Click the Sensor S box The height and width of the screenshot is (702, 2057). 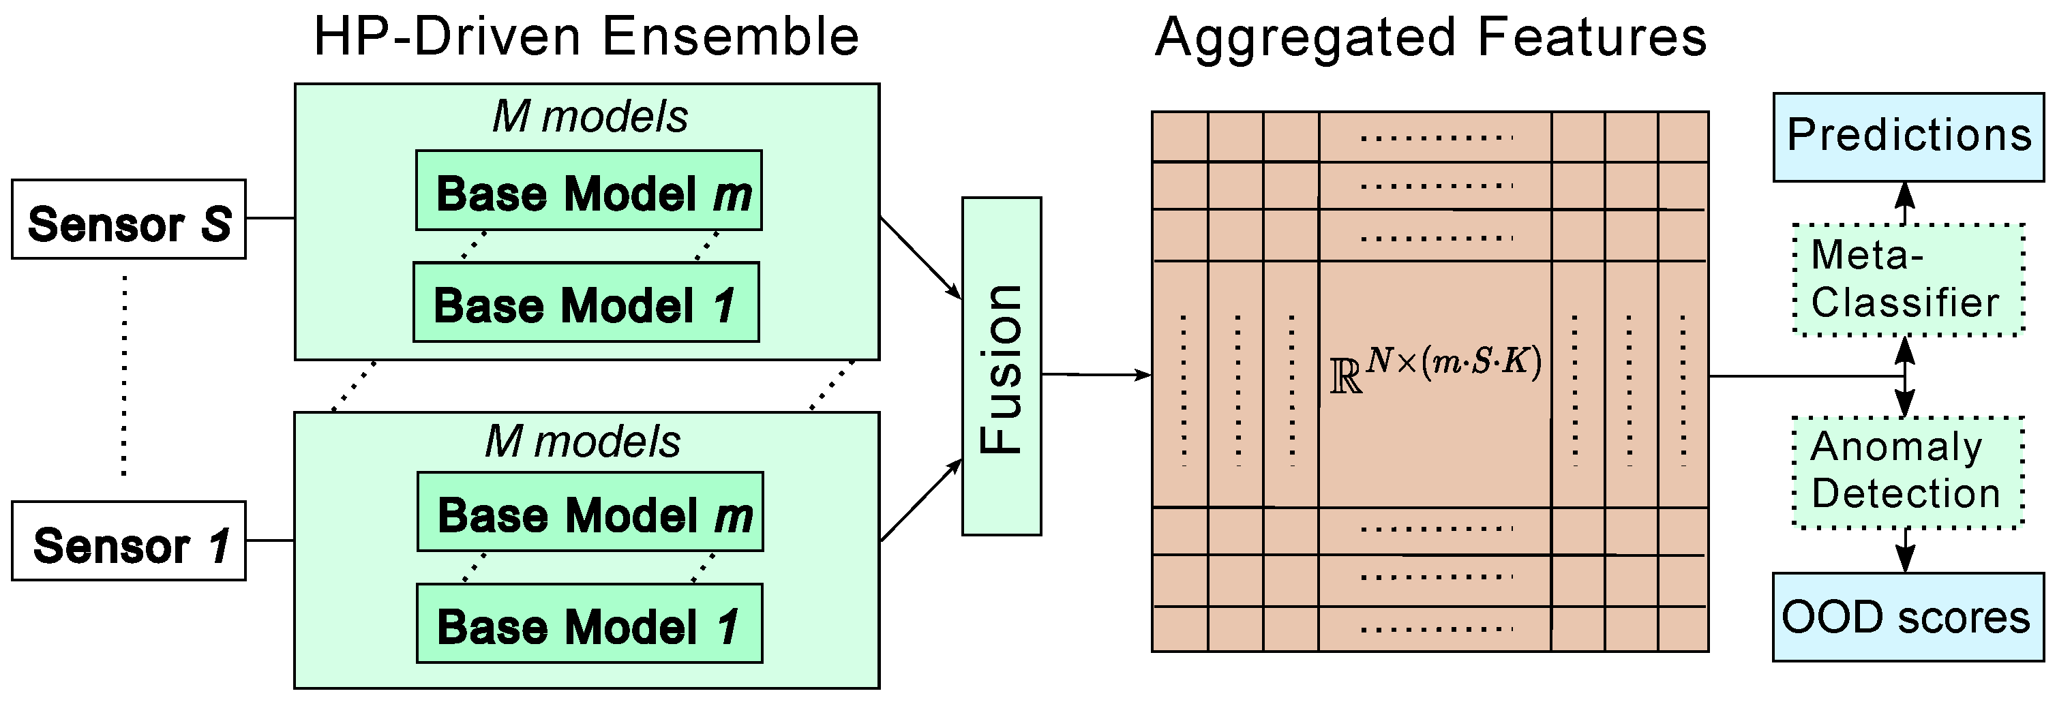129,219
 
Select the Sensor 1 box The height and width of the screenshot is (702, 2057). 129,541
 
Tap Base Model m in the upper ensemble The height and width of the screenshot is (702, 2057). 588,191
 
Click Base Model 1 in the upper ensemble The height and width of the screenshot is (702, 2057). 585,303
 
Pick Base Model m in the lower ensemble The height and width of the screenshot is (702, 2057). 590,512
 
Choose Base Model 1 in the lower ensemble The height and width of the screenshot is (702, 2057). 589,624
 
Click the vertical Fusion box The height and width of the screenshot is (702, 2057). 1002,367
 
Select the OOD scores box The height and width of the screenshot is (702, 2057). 1907,617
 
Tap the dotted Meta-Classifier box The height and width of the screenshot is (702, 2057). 1908,279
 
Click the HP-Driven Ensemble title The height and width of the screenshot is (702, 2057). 586,37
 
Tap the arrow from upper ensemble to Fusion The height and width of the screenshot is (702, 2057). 920,258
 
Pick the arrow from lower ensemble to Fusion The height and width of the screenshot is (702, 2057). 920,501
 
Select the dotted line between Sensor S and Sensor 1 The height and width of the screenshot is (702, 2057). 124,376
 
